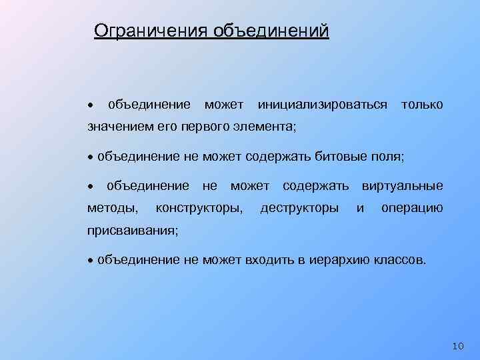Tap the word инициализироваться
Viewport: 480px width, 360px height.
(x=322, y=105)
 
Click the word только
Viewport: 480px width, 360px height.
(x=421, y=105)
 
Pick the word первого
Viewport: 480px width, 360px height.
(x=218, y=126)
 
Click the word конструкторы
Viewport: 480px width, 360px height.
(x=199, y=208)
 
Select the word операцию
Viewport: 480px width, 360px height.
(x=411, y=208)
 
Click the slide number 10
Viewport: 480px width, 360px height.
(x=457, y=345)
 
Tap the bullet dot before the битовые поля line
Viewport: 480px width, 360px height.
(x=91, y=158)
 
